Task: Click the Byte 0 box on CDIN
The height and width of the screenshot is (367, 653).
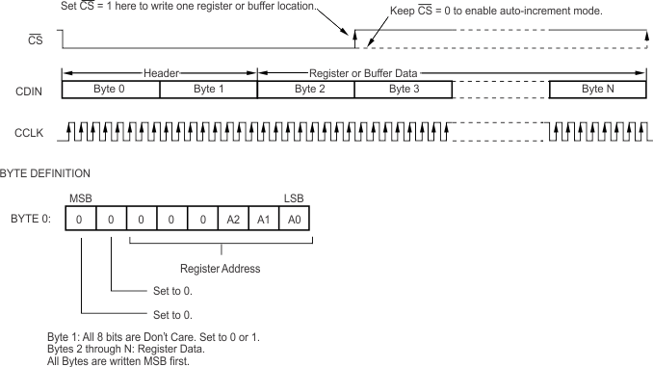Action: (x=111, y=89)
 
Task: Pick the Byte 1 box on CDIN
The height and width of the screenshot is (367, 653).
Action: (x=208, y=89)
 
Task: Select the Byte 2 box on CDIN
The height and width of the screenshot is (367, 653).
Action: (x=305, y=89)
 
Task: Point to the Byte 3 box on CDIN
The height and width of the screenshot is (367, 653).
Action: (x=404, y=89)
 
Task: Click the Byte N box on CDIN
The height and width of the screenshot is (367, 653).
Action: (x=598, y=89)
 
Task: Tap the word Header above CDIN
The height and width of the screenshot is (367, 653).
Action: (x=160, y=72)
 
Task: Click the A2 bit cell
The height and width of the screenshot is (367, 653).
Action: (x=234, y=220)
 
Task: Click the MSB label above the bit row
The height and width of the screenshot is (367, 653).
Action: (x=80, y=198)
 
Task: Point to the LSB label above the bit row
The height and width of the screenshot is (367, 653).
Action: (x=294, y=198)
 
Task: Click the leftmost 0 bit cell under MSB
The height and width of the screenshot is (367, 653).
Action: (x=81, y=220)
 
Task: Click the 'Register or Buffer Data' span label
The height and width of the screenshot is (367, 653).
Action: (x=363, y=72)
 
